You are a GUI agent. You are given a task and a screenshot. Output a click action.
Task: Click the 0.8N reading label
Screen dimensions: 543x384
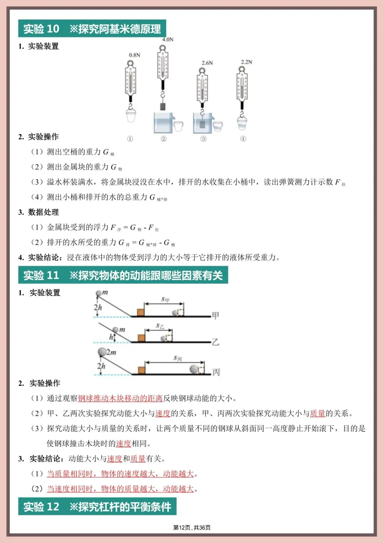[x=134, y=55]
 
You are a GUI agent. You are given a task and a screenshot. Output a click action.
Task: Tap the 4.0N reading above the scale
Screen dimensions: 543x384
[x=168, y=39]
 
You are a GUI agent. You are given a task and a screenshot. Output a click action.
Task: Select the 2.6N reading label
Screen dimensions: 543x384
[x=207, y=63]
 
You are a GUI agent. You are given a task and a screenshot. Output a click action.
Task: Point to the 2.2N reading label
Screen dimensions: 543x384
[x=246, y=62]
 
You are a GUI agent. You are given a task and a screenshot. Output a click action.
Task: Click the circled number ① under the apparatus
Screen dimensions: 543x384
[x=130, y=139]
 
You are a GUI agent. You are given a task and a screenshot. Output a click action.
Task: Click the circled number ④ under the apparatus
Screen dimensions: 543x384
[x=243, y=139]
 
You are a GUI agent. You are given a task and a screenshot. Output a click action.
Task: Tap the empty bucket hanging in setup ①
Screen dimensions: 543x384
[x=131, y=116]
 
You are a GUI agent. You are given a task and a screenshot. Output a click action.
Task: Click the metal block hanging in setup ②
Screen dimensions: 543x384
[x=163, y=106]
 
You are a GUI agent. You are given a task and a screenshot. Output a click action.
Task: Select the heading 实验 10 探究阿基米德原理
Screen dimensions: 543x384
[x=92, y=29]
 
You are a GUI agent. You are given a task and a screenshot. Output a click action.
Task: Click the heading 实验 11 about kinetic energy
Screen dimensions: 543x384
[x=123, y=276]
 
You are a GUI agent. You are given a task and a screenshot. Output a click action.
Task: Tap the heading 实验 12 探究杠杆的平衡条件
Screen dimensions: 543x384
[x=97, y=507]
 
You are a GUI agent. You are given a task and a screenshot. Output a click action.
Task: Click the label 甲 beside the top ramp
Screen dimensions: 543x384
[x=215, y=315]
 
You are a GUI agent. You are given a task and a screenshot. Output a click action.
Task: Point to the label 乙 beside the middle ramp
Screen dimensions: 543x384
[x=215, y=342]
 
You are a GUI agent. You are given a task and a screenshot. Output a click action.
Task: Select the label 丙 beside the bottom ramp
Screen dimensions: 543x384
[x=216, y=372]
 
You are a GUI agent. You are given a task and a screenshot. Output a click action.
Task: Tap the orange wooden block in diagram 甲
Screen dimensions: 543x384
[x=140, y=312]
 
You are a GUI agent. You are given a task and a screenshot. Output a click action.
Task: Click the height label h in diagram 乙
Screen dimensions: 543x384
[x=111, y=337]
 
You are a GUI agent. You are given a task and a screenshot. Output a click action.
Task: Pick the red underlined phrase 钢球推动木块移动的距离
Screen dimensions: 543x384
[x=120, y=398]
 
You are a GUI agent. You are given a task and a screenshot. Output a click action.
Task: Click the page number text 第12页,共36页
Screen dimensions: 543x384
[x=192, y=528]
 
